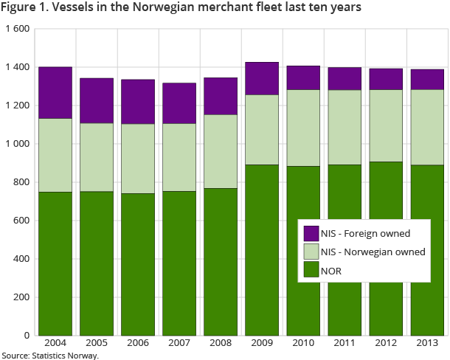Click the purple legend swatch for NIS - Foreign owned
(311, 233)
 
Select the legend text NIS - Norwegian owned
(373, 252)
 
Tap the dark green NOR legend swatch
(311, 270)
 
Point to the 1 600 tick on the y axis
(15, 29)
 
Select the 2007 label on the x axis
(179, 344)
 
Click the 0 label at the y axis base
(26, 336)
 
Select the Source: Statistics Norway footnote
(50, 355)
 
